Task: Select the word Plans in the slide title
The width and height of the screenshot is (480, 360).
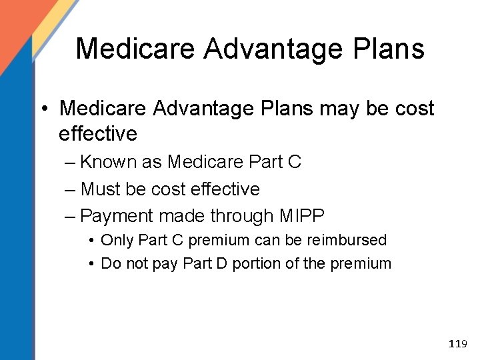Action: [391, 48]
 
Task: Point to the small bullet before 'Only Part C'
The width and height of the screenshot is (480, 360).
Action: [91, 240]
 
